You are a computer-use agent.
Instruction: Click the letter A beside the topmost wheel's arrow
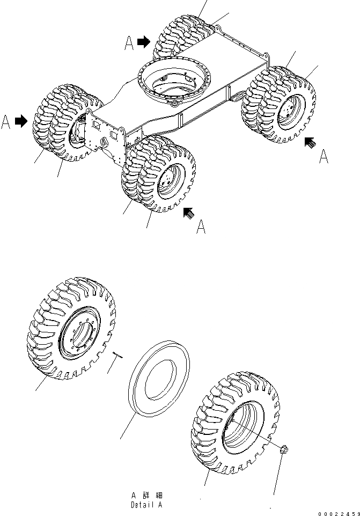129,42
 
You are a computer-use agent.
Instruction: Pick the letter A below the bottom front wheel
201,227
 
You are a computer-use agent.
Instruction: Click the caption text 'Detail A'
146,505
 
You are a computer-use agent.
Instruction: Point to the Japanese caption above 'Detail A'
146,495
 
